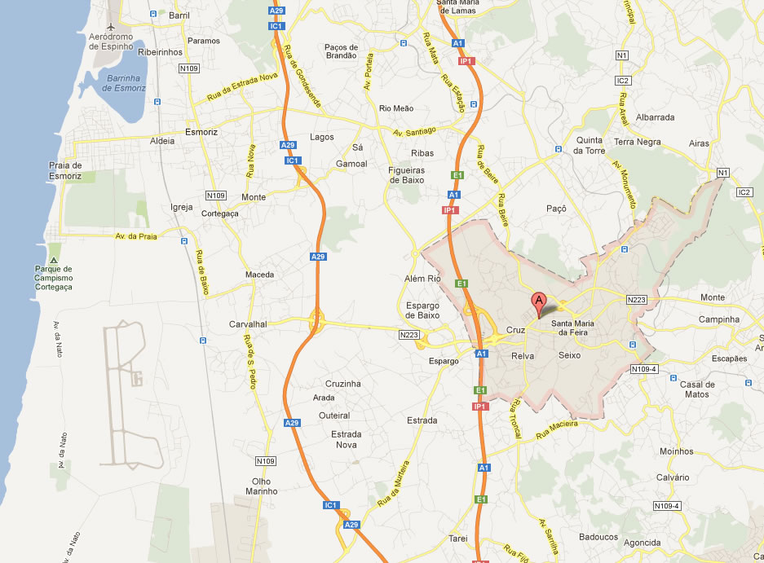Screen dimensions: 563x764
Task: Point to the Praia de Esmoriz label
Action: pos(65,170)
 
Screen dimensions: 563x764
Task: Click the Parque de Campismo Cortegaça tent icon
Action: pos(55,248)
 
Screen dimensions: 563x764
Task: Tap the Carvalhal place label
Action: pos(248,323)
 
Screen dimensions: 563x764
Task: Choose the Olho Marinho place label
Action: pos(262,486)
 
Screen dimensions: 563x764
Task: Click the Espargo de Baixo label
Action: pos(422,310)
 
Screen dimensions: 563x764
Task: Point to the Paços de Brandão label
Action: pos(341,51)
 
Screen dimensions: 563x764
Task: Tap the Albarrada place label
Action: pos(656,117)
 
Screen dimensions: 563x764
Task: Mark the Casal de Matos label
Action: pos(697,389)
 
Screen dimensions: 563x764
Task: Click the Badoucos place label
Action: pos(598,537)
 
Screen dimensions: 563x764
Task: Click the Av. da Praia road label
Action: pos(135,235)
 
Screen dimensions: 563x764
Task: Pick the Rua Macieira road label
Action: pos(557,427)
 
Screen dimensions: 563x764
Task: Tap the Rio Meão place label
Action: pos(396,108)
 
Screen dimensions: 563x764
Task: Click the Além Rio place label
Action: pos(422,279)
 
